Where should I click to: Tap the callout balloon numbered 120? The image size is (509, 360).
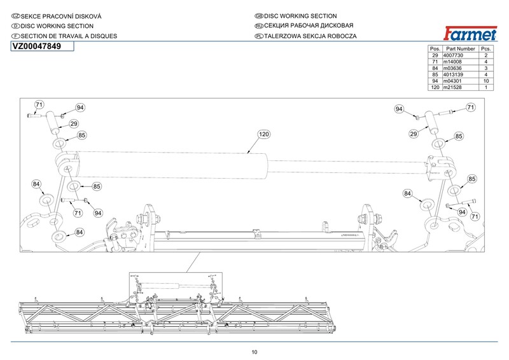(263, 134)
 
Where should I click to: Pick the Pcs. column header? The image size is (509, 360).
(486, 49)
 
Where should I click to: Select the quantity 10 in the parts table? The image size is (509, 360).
(486, 81)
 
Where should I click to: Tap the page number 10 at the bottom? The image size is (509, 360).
(254, 352)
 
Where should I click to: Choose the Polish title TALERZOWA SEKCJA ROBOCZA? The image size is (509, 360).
(306, 36)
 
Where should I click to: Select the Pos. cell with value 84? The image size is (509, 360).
(435, 68)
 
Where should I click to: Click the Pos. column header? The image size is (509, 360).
(435, 49)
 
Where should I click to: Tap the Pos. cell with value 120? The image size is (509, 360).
(435, 87)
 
